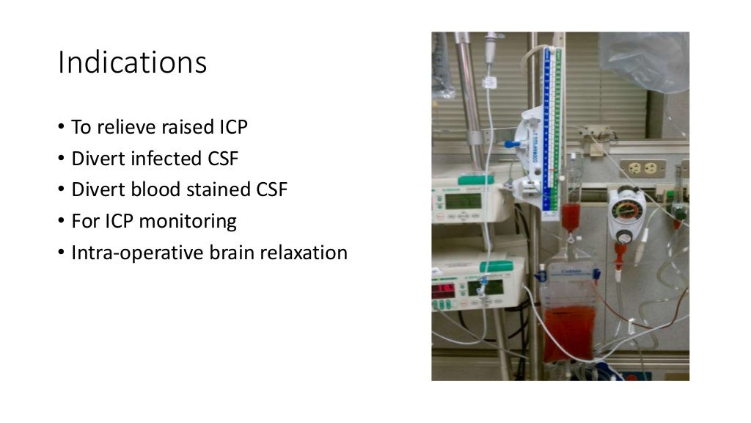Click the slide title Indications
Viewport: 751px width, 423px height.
(x=132, y=63)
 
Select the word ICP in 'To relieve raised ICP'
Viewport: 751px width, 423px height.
(x=230, y=127)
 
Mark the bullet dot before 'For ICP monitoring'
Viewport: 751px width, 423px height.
(x=62, y=221)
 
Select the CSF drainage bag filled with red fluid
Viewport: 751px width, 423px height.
(x=569, y=323)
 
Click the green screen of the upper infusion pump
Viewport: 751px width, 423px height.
(x=463, y=200)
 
